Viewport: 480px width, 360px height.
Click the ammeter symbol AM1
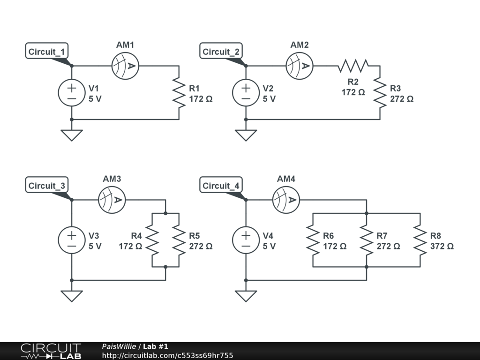click(x=126, y=66)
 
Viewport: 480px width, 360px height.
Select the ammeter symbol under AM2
click(x=300, y=66)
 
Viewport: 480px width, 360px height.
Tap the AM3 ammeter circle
click(x=112, y=200)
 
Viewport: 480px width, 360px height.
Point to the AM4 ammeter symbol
click(x=286, y=200)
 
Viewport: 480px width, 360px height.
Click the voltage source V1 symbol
click(x=72, y=93)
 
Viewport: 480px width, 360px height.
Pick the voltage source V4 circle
click(x=246, y=240)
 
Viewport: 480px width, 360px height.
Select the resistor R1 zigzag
click(x=179, y=93)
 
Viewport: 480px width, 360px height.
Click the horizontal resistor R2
click(x=353, y=66)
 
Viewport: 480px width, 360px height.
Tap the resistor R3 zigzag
click(x=380, y=93)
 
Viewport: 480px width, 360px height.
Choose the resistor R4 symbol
click(x=152, y=240)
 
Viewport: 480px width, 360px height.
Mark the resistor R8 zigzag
click(x=420, y=240)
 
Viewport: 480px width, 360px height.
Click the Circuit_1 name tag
click(x=46, y=52)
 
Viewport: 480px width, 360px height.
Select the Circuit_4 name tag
click(x=221, y=186)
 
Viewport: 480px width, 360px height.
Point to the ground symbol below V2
click(x=246, y=135)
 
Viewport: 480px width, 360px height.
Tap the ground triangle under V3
click(x=72, y=296)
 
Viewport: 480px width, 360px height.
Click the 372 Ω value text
click(x=442, y=246)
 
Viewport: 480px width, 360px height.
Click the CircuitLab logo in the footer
click(x=51, y=351)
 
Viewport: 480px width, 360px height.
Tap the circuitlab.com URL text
click(x=167, y=356)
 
